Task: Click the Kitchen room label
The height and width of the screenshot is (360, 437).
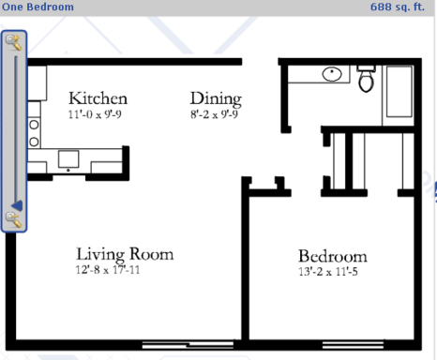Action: coord(98,98)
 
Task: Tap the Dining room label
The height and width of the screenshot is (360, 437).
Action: coord(216,99)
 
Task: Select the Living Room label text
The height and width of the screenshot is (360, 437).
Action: coord(125,254)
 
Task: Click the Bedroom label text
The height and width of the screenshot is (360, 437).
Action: coord(333,256)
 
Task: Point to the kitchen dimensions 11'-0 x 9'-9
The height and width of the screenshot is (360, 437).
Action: coord(95,114)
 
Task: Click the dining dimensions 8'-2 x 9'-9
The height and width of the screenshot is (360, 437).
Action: coord(214,114)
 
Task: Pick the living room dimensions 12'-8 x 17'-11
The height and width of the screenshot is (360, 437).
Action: coord(108,270)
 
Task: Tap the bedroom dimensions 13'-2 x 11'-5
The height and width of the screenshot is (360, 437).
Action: coord(328,272)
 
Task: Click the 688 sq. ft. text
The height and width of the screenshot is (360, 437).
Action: coord(398,7)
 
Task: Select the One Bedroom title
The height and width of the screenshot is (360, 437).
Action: coord(38,7)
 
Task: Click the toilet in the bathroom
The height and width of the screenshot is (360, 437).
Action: coord(367,79)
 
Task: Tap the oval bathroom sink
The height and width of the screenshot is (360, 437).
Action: coord(332,74)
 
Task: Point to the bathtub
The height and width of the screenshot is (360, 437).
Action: coord(399,92)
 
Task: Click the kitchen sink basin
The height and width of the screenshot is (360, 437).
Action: coord(68,159)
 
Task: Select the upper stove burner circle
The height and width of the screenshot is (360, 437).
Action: coord(34,125)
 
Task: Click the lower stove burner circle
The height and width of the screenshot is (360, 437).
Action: coord(34,142)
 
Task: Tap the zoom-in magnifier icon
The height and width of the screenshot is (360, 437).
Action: coord(14,42)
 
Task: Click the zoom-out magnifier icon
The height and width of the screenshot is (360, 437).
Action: coord(14,219)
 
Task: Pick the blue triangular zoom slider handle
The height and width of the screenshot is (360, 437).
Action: coord(17,206)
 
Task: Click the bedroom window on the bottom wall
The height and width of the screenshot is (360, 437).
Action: coord(353,345)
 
